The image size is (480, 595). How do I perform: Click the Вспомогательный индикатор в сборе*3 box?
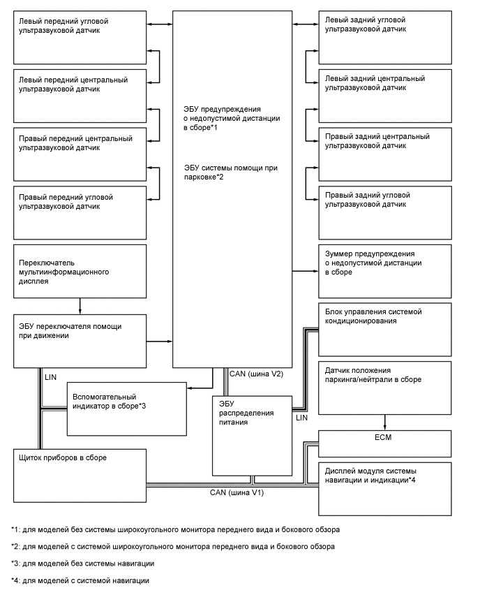point(126,409)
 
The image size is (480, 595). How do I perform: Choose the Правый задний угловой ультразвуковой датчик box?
point(393,213)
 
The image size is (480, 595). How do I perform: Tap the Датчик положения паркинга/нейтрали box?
point(393,388)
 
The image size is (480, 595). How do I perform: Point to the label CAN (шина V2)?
point(256,374)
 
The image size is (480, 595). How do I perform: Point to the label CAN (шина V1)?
point(237,492)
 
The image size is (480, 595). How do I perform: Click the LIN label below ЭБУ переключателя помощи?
point(50,376)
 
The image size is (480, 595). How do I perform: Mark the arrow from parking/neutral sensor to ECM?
point(386,423)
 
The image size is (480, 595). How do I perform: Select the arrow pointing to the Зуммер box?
point(304,270)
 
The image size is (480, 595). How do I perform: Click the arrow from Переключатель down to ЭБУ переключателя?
point(80,305)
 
